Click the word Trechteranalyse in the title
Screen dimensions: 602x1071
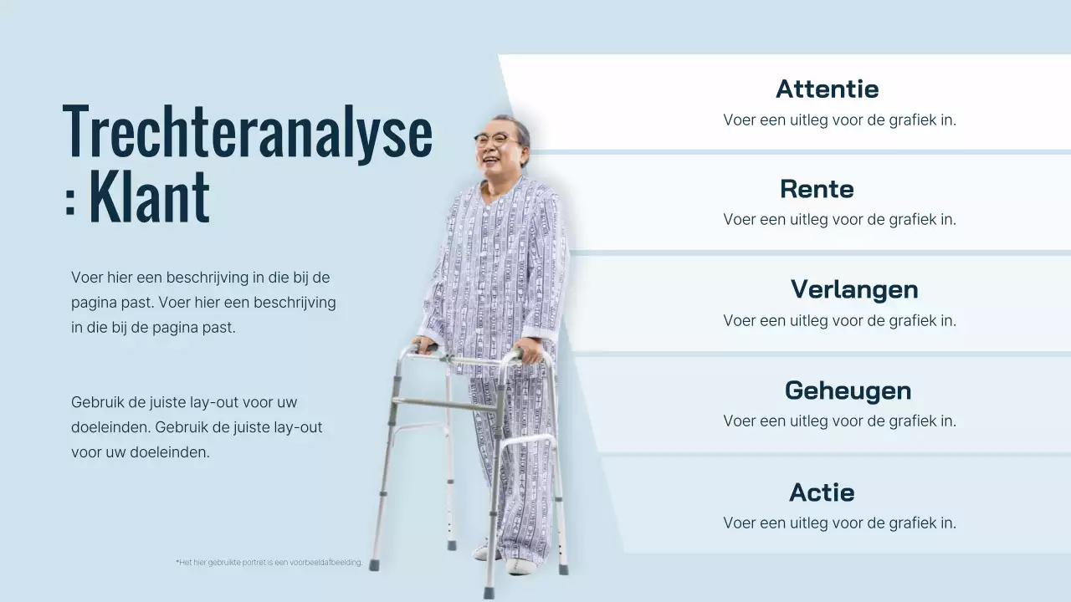248,132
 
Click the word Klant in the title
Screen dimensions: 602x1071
149,198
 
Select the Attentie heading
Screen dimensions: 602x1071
827,89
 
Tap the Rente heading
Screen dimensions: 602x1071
817,189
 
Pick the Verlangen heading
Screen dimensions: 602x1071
854,289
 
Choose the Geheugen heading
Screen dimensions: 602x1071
848,390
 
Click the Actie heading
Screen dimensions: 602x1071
822,492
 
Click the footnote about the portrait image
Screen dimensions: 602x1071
269,563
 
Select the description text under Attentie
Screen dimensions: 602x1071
839,120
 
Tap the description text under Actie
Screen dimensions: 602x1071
839,523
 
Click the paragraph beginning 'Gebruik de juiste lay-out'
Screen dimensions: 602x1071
197,427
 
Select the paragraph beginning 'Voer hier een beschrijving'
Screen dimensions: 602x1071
203,302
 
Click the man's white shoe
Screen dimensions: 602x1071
520,566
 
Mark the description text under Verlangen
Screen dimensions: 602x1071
839,320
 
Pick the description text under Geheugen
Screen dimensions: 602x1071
839,421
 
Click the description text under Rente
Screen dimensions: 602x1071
839,220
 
